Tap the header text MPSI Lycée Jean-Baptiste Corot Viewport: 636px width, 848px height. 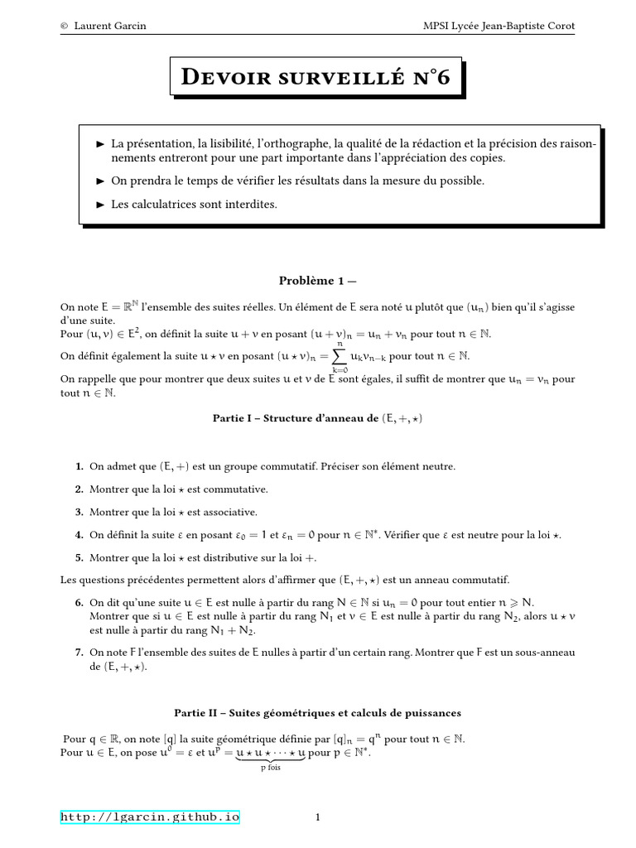pos(499,26)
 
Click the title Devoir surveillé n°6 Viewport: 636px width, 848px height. pos(317,79)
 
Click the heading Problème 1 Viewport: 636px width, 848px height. pos(317,281)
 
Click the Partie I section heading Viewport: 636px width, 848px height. pos(317,419)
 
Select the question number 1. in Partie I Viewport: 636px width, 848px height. pos(80,466)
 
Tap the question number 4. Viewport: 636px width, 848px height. pos(80,535)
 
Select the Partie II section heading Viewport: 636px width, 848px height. pos(317,712)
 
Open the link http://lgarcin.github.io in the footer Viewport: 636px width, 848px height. pos(150,817)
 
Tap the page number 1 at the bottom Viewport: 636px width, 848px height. pos(317,818)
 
